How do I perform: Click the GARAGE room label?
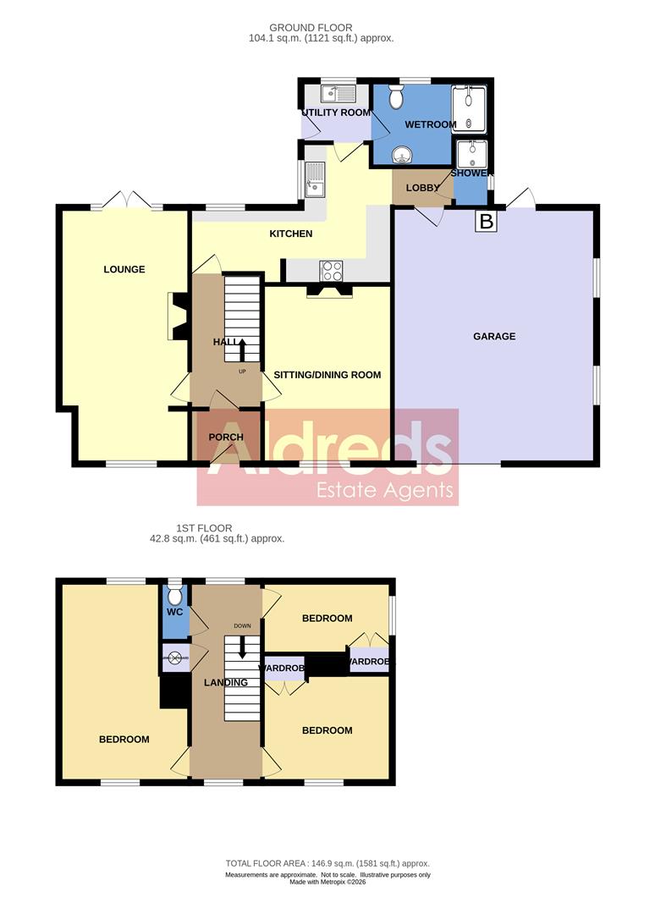pos(494,336)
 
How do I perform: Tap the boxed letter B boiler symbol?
pos(486,222)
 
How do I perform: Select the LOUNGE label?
pos(124,270)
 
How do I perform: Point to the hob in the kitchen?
pos(331,270)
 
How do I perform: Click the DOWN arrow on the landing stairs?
pos(243,647)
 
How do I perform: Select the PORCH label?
pos(225,438)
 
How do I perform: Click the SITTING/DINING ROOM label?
pos(327,375)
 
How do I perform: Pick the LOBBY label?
pos(421,188)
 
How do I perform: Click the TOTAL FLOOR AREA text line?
pos(327,862)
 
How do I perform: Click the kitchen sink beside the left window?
pos(316,179)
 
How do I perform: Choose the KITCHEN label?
pos(291,234)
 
